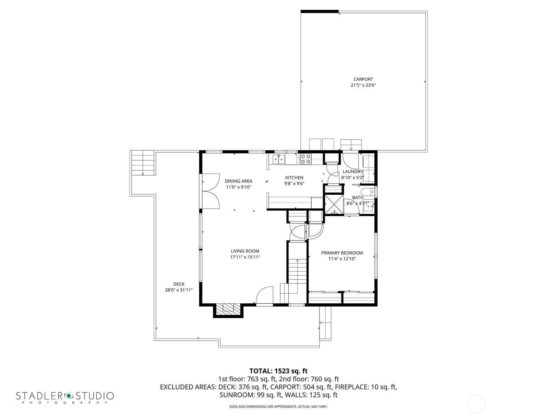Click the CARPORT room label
(363, 79)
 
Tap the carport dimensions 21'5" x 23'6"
(363, 85)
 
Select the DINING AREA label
(238, 181)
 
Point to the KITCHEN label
(295, 178)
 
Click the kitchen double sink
(278, 160)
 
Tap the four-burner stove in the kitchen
(306, 159)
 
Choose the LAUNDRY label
(352, 172)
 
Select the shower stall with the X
(334, 204)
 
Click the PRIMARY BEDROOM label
(342, 253)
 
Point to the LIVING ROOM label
(245, 251)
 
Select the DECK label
(179, 284)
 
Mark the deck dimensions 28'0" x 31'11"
(179, 290)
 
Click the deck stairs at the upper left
(143, 162)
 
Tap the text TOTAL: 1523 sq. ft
(278, 371)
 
